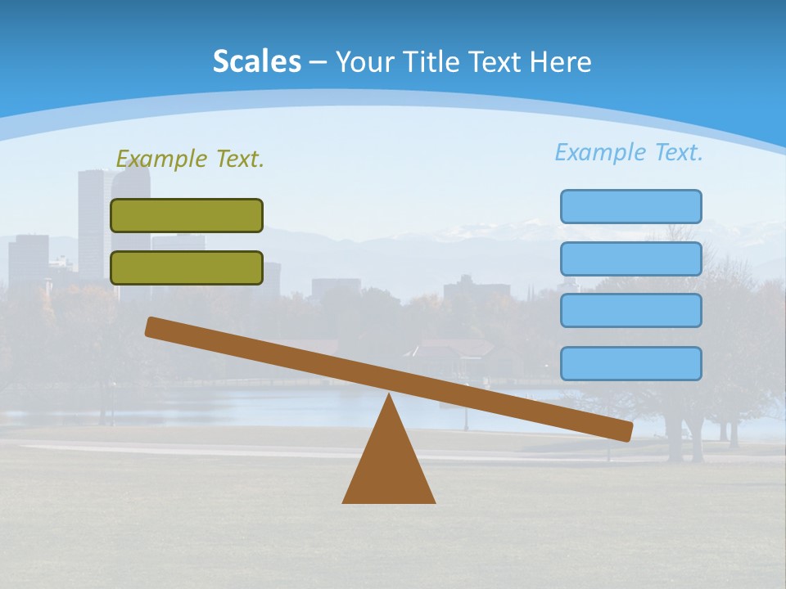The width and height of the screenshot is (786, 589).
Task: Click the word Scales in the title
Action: tap(256, 61)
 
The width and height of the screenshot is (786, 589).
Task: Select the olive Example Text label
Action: tap(190, 159)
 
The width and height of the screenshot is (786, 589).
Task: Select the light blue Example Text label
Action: tap(629, 152)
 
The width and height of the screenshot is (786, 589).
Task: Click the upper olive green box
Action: tap(187, 215)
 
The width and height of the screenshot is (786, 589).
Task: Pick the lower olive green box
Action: tap(187, 268)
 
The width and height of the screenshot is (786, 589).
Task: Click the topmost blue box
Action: tap(630, 206)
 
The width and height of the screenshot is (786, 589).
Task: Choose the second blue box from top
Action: tap(630, 259)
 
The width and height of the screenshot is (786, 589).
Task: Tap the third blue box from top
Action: tap(630, 311)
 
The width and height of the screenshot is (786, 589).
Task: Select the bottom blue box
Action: tap(630, 363)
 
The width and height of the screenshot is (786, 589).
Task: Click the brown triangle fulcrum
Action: tap(389, 466)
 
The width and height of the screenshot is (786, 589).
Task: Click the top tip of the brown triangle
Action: tap(389, 397)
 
